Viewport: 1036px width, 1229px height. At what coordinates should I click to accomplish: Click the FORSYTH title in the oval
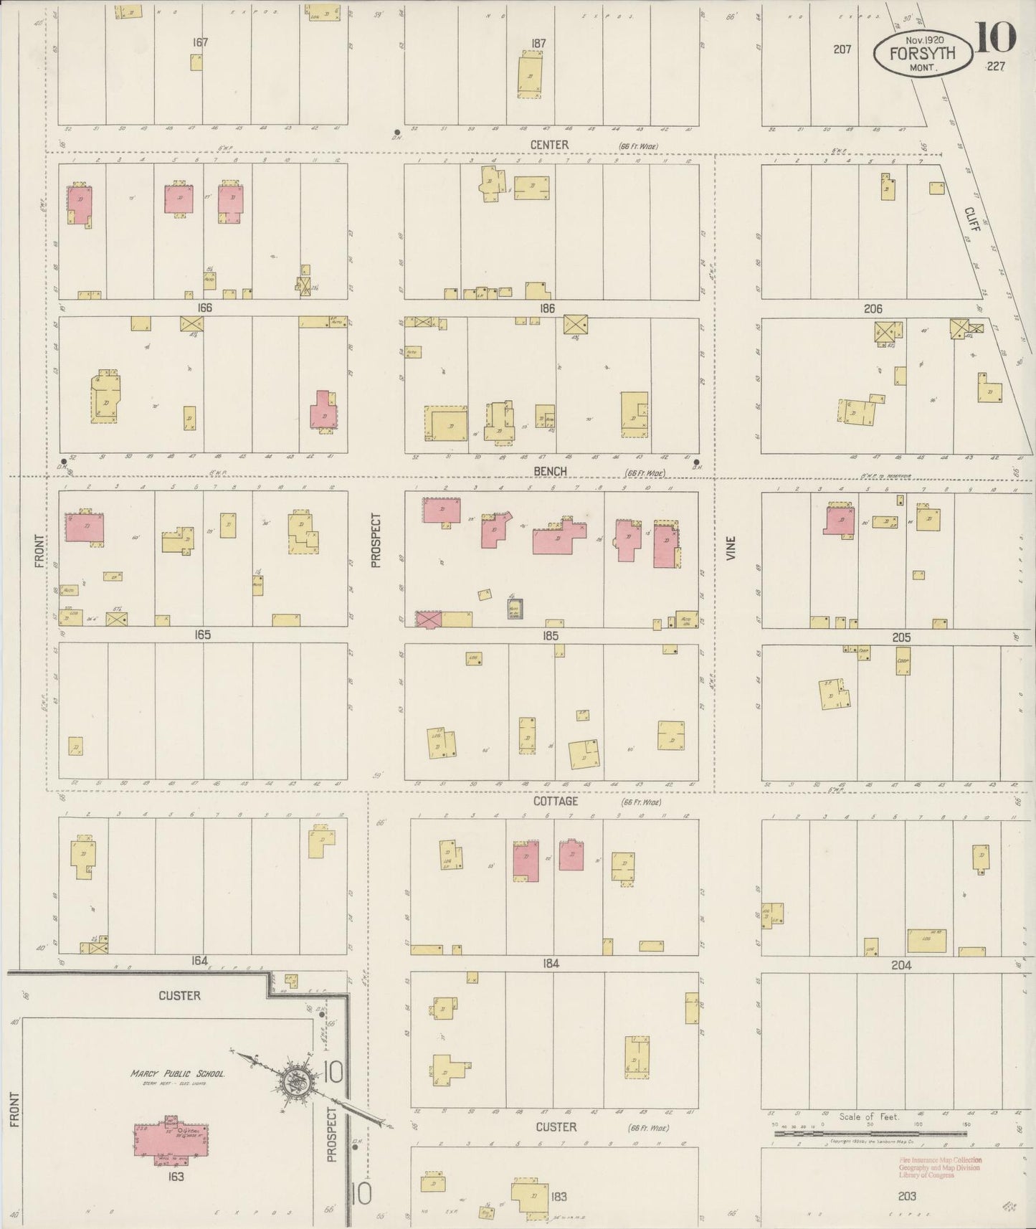point(923,53)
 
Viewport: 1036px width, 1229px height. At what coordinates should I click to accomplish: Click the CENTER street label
point(549,145)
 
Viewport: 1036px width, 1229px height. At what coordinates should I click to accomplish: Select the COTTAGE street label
point(555,802)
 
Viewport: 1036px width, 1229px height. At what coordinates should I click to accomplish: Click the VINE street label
point(731,549)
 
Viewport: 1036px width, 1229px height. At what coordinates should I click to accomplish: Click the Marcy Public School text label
point(177,1074)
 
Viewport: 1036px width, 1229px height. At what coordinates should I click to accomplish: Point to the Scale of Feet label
point(868,1117)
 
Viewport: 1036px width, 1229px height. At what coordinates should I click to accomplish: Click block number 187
point(538,43)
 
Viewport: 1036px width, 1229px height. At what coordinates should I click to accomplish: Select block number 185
point(551,635)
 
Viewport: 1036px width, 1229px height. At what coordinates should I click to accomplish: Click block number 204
point(900,965)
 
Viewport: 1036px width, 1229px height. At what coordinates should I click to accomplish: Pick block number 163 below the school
point(176,1177)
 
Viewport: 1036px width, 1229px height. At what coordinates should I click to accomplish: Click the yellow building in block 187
point(531,77)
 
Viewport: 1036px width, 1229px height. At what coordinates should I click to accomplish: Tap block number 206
point(873,309)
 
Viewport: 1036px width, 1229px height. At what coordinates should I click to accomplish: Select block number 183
point(560,1196)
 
